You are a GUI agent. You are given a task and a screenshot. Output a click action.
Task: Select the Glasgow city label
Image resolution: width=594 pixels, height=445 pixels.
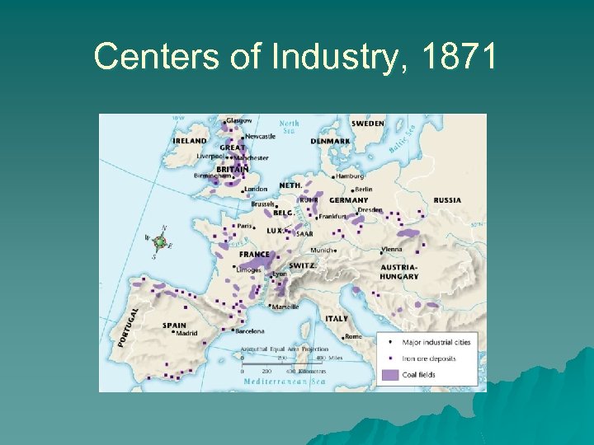click(238, 120)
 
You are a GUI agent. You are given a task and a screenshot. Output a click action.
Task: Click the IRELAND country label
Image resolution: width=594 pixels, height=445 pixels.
click(190, 141)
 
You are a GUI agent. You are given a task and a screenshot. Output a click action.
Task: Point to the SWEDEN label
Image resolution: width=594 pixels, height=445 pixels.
click(368, 124)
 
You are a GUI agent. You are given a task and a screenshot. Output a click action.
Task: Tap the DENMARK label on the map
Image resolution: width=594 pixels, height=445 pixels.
click(330, 141)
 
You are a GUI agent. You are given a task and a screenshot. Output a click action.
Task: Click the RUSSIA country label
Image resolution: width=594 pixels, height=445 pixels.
click(447, 200)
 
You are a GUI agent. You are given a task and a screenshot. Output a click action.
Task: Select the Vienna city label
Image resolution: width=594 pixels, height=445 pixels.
click(391, 249)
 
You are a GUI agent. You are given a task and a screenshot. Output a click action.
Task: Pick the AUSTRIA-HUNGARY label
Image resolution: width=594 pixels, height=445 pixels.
click(399, 272)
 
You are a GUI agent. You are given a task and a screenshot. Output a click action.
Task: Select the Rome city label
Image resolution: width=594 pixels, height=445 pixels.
click(354, 336)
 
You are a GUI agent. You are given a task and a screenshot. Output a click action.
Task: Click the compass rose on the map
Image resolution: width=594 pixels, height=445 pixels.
click(159, 242)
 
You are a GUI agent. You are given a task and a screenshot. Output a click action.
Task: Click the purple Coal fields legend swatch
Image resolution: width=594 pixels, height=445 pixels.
click(389, 374)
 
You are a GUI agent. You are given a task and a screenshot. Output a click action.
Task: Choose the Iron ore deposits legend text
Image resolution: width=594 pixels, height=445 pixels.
click(428, 358)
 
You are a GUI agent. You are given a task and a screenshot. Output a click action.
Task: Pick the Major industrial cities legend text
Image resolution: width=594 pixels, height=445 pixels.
click(436, 342)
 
